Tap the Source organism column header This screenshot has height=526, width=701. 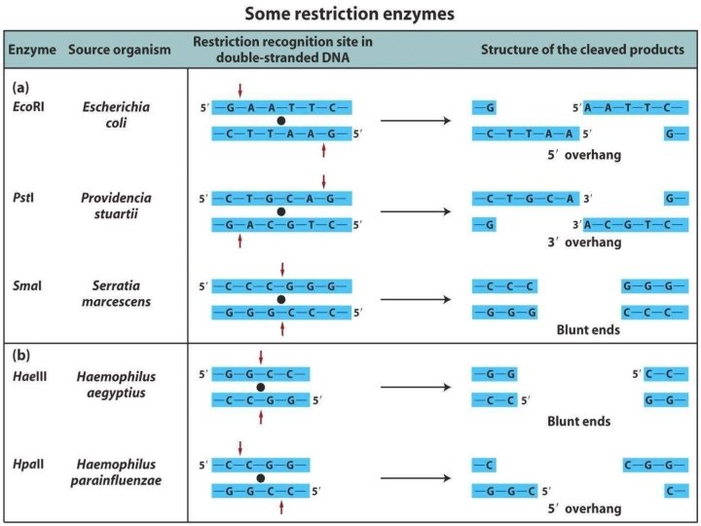click(x=120, y=49)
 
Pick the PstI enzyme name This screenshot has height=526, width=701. click(x=23, y=197)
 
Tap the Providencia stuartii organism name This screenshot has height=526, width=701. click(x=116, y=205)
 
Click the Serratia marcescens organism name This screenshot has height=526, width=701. click(x=116, y=294)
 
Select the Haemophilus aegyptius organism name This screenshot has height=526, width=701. click(x=116, y=382)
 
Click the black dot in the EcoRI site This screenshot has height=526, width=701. click(x=280, y=121)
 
